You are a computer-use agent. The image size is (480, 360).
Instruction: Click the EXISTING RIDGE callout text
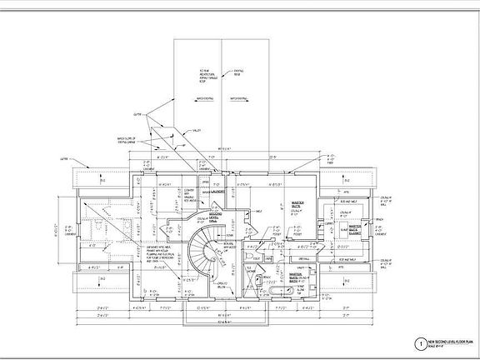(x=237, y=73)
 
